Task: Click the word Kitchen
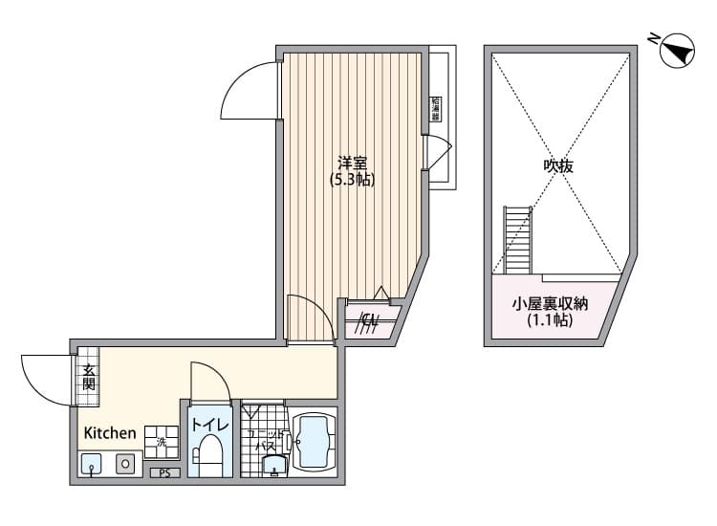(x=110, y=433)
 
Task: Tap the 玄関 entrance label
(x=88, y=377)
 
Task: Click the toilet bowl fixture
(x=209, y=454)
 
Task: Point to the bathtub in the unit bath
(x=314, y=441)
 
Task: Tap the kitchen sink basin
(x=91, y=465)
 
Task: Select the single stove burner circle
(x=125, y=464)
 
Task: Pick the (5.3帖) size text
(x=353, y=179)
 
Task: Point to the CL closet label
(x=369, y=321)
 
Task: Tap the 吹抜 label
(x=558, y=165)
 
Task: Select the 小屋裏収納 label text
(x=549, y=304)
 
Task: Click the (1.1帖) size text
(x=549, y=321)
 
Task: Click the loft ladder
(x=517, y=239)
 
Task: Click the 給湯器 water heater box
(x=435, y=108)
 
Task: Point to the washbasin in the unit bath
(x=273, y=465)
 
